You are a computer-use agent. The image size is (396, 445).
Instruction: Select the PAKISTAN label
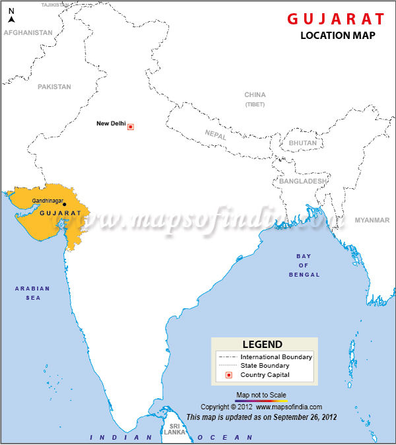point(54,86)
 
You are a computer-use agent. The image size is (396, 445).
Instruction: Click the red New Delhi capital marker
point(131,127)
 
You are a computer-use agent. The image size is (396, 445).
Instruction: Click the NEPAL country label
point(215,134)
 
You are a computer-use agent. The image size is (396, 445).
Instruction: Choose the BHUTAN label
point(302,143)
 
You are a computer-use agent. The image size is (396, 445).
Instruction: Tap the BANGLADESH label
point(303,181)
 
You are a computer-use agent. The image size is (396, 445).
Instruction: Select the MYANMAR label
point(372,220)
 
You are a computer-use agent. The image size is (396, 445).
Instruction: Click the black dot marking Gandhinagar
point(65,204)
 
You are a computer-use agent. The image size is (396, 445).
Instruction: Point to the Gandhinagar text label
point(48,200)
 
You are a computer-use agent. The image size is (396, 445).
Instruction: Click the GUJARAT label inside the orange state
point(60,213)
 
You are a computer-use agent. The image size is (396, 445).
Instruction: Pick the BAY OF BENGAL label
point(304,265)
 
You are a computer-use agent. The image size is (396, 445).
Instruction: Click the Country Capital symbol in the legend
point(228,375)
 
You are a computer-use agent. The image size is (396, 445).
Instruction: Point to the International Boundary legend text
point(276,357)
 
